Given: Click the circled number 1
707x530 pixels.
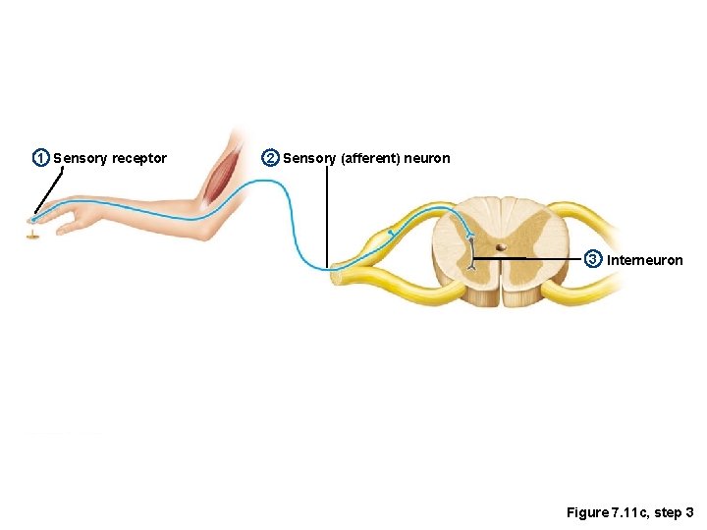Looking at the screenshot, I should (40, 158).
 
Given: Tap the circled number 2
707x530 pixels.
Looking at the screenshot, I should (270, 158).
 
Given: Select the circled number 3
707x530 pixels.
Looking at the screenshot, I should (593, 259).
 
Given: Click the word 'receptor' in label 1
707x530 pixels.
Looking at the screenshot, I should (139, 159).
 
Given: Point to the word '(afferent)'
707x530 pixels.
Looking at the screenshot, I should (370, 159).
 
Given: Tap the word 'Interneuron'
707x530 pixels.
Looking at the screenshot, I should (645, 260).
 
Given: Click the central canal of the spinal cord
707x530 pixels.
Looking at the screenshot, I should (501, 247).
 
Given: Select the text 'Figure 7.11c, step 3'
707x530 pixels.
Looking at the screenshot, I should (629, 513).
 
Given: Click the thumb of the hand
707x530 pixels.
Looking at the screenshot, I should (71, 227).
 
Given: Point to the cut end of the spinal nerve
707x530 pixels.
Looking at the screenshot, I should (336, 277).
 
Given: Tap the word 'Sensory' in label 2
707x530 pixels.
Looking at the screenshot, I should (309, 159).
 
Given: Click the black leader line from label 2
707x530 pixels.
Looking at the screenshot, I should (327, 216).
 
